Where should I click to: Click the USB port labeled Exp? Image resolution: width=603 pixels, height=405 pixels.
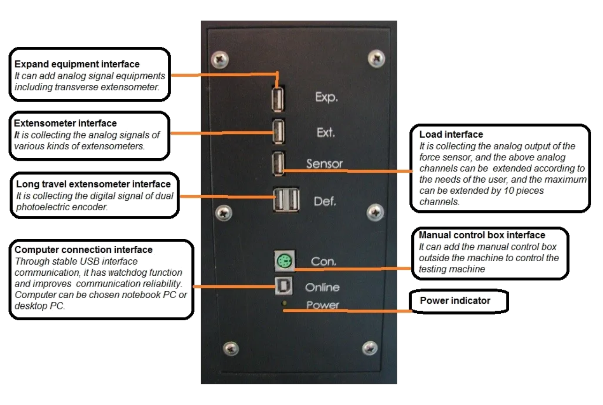tap(278, 99)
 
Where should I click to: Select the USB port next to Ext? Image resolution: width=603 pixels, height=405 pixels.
tap(278, 133)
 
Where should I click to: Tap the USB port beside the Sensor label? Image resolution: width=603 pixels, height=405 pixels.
tap(278, 164)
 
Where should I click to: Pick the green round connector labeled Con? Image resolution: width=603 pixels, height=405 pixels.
tap(283, 262)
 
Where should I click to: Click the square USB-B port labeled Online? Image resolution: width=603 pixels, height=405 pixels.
tap(283, 287)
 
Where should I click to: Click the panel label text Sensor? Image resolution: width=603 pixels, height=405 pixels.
tap(324, 164)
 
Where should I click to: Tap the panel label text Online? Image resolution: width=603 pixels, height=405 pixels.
tap(322, 287)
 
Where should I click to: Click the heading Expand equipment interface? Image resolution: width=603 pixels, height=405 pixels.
tap(77, 64)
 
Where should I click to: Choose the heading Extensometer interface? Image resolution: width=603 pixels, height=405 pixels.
tap(65, 124)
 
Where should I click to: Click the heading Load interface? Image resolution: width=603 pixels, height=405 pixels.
tap(451, 135)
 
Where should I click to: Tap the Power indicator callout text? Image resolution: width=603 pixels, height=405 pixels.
tap(454, 301)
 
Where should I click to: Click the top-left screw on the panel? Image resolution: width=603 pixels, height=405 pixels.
tap(220, 59)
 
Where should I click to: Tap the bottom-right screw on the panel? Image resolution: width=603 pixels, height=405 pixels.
tap(370, 347)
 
